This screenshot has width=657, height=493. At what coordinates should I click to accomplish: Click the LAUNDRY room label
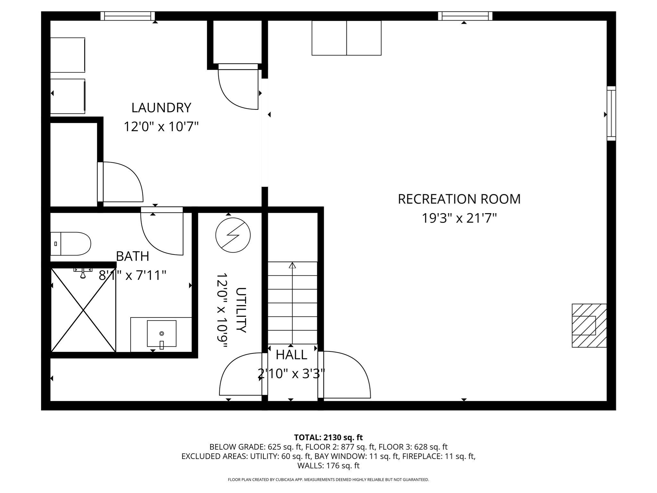[161, 108]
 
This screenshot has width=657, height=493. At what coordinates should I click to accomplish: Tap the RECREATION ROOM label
[459, 199]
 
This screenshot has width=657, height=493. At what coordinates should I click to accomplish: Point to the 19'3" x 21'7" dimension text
[459, 219]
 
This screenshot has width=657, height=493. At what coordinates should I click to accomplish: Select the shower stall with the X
[83, 310]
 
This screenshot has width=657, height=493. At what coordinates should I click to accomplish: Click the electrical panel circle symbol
[233, 235]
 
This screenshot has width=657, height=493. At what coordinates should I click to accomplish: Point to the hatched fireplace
[589, 325]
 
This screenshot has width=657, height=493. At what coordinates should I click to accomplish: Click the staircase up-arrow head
[292, 265]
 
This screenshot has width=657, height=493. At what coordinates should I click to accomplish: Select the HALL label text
[291, 355]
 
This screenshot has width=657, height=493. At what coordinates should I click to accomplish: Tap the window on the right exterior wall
[611, 113]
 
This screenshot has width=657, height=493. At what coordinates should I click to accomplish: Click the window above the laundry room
[128, 16]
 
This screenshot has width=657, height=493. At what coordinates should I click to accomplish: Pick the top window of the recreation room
[465, 16]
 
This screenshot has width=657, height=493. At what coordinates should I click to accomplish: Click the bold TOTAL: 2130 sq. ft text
[328, 437]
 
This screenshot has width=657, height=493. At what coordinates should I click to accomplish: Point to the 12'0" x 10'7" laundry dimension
[161, 127]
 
